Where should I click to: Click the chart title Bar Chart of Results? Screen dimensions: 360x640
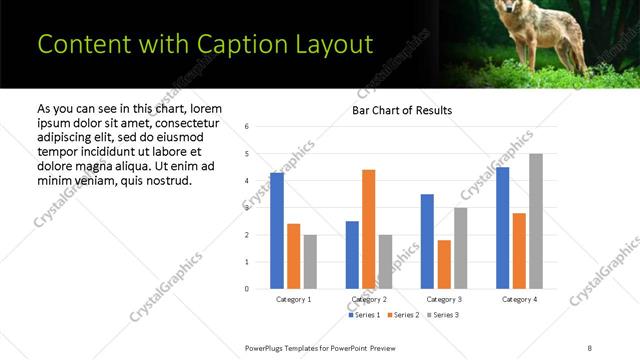pyautogui.click(x=401, y=110)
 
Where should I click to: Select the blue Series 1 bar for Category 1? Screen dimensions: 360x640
pyautogui.click(x=277, y=231)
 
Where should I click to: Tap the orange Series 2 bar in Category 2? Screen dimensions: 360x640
pyautogui.click(x=368, y=229)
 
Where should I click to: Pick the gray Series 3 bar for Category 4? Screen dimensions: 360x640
pyautogui.click(x=535, y=221)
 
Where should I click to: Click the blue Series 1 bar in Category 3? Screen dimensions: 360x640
pyautogui.click(x=427, y=241)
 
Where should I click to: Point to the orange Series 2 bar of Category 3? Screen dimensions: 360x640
pyautogui.click(x=444, y=264)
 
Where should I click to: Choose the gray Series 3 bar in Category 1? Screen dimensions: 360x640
pyautogui.click(x=310, y=262)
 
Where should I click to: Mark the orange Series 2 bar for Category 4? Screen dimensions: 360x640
pyautogui.click(x=519, y=251)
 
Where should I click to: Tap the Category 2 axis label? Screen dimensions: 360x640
pyautogui.click(x=369, y=299)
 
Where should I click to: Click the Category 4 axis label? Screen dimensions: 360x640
pyautogui.click(x=519, y=299)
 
